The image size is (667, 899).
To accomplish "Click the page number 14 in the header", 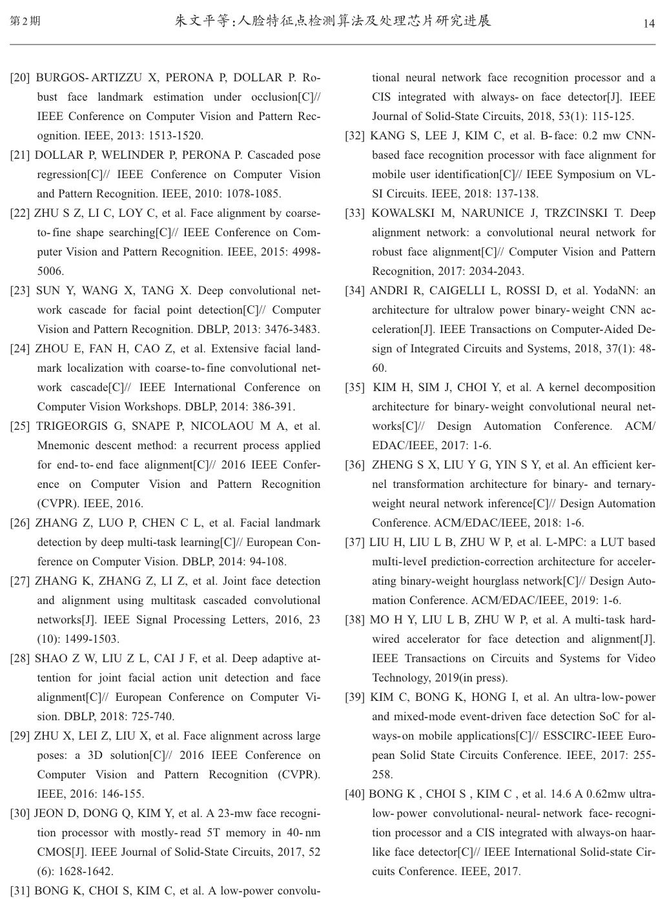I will tap(649, 24).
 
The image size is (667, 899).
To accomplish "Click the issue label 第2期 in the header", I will tap(26, 21).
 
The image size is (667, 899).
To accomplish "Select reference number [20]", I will tap(20, 78).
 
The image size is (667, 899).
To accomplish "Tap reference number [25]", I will tap(20, 427).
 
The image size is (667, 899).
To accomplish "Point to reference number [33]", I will tap(354, 214).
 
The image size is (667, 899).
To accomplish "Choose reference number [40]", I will tap(354, 794).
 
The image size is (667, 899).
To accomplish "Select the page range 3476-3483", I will tap(290, 330).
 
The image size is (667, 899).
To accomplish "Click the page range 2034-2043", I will tap(495, 272).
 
